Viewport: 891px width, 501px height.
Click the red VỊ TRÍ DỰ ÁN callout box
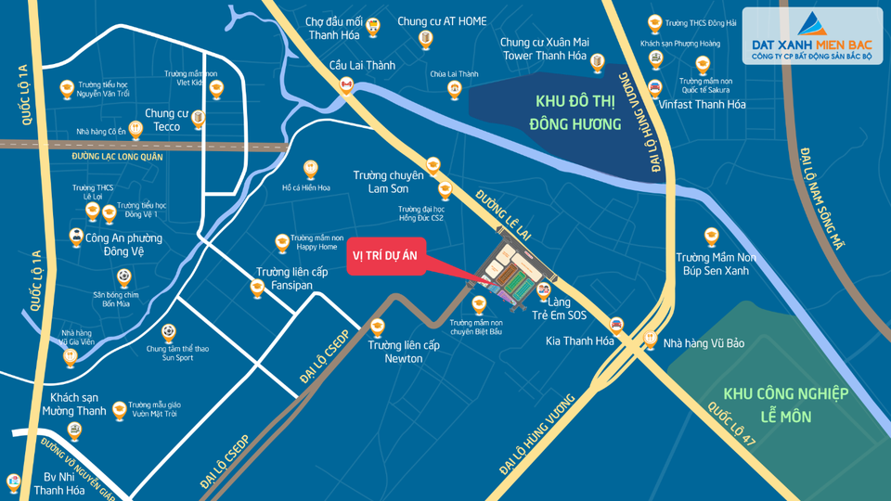386,261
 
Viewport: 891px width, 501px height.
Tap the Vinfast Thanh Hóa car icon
655,88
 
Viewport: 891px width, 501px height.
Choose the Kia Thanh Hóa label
580,341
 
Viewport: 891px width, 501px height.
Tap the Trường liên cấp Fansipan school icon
258,289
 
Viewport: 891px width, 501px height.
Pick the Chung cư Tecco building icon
197,117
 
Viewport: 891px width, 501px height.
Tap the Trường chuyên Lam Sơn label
389,182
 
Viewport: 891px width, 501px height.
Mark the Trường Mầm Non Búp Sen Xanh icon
712,236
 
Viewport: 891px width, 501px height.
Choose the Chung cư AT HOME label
442,21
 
